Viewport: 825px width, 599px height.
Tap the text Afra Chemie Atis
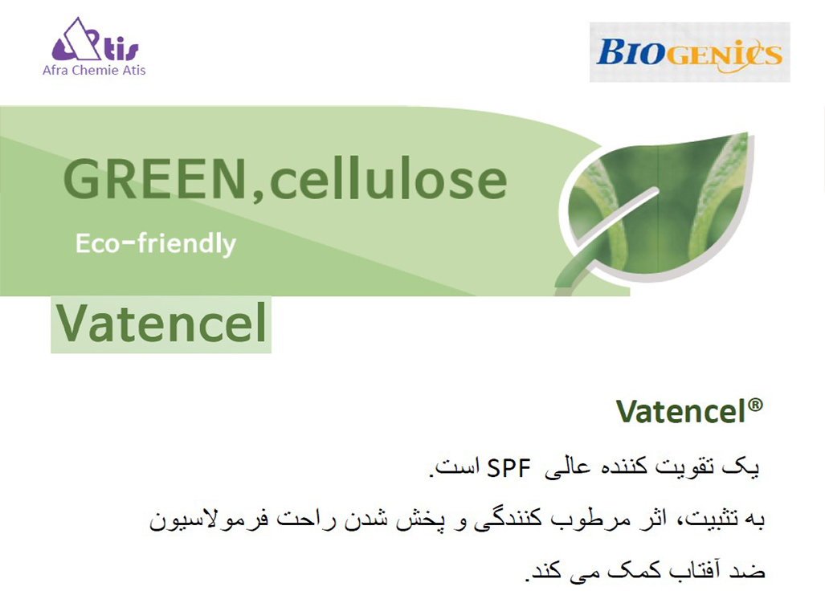[94, 70]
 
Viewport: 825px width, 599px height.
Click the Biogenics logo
[689, 53]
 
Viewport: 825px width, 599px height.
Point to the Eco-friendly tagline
[156, 242]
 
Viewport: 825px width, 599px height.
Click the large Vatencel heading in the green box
[161, 324]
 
